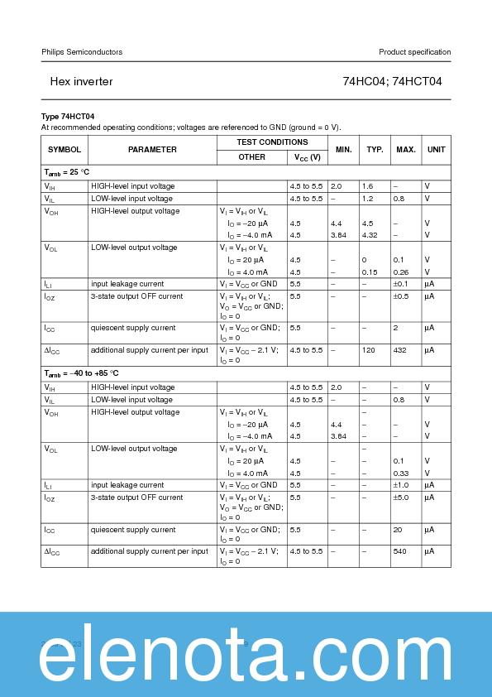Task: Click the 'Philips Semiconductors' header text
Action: tap(82, 52)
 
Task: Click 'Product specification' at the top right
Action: tap(414, 52)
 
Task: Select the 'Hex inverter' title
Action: tap(81, 82)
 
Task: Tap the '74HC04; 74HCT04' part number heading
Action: tap(392, 82)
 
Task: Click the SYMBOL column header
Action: tap(64, 150)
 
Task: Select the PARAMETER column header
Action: tap(152, 150)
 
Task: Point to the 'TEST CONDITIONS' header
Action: tap(272, 142)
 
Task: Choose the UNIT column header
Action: tap(436, 150)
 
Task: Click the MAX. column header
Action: tap(405, 150)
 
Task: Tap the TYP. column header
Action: tap(375, 150)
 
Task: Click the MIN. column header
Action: tap(343, 150)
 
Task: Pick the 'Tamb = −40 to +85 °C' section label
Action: tap(81, 374)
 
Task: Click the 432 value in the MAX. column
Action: tap(400, 350)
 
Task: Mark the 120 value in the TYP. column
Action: tap(369, 350)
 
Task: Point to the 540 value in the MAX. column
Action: tap(400, 551)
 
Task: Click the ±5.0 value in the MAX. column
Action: tap(401, 498)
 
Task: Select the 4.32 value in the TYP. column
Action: tap(370, 235)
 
